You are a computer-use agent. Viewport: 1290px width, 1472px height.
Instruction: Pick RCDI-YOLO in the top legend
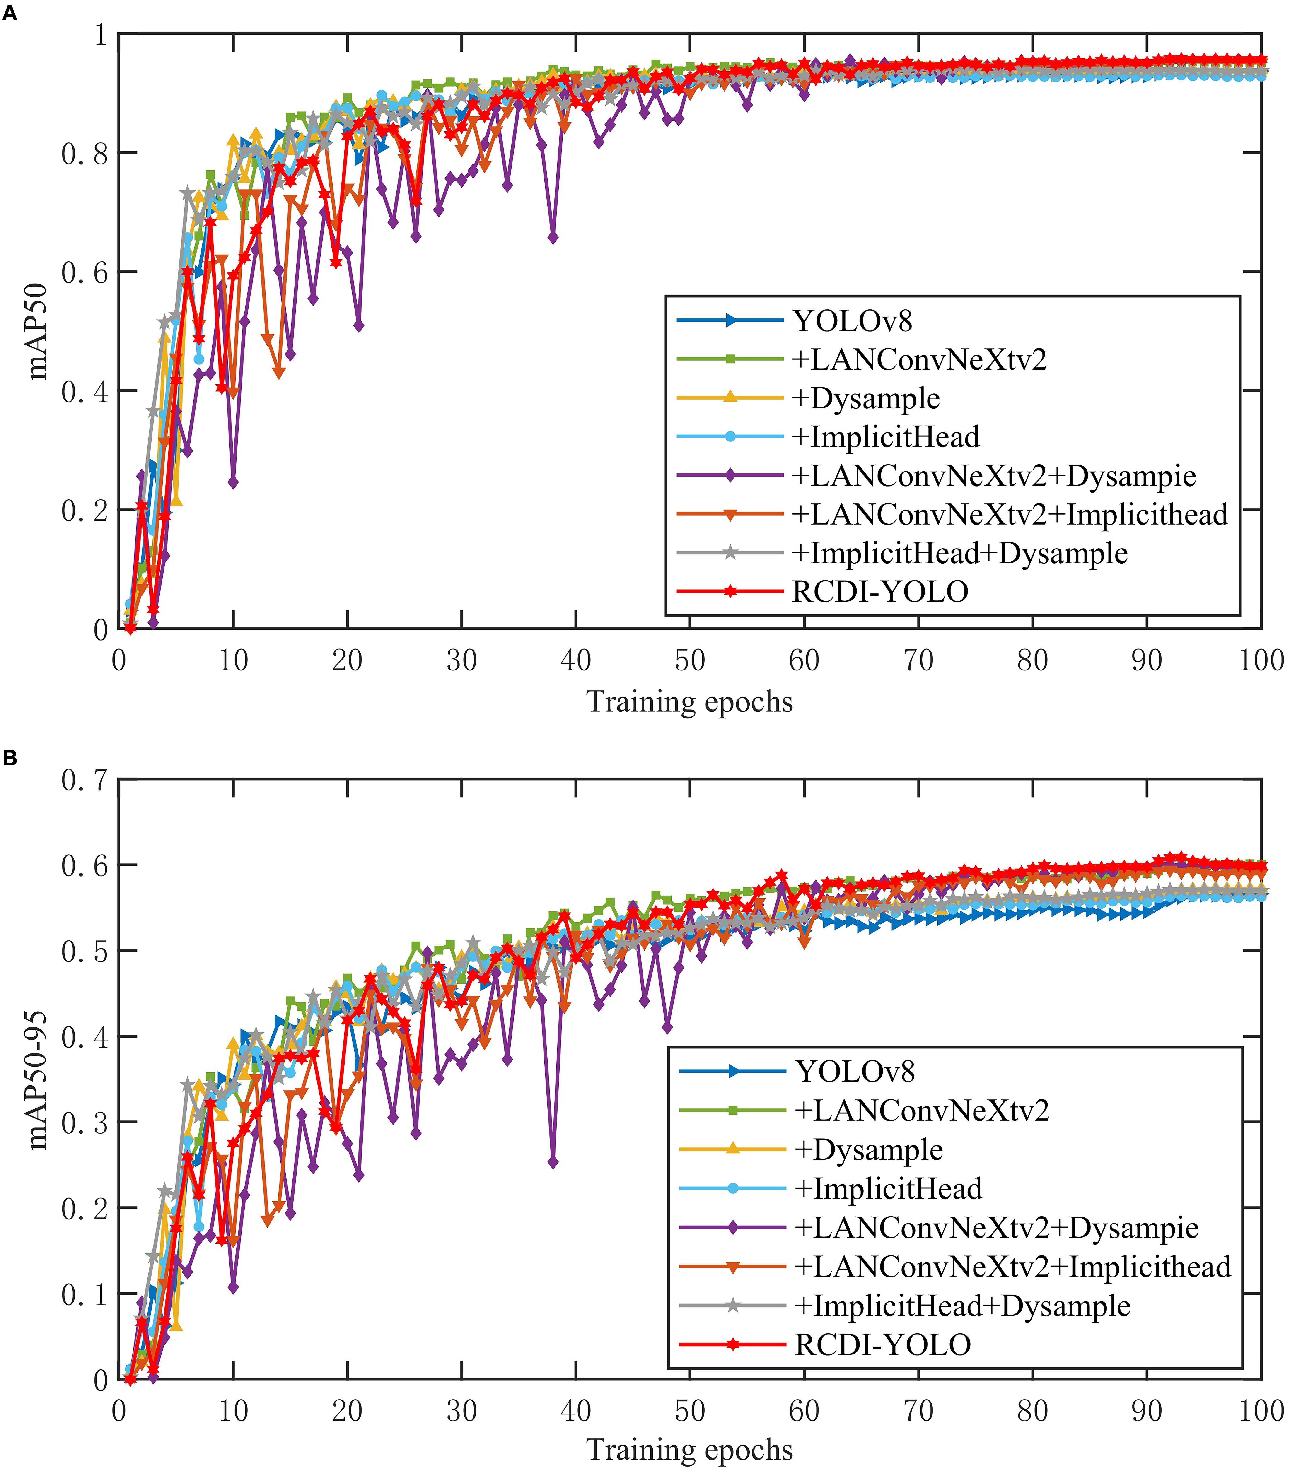[880, 592]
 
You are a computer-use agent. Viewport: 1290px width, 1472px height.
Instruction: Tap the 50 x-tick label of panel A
[690, 660]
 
